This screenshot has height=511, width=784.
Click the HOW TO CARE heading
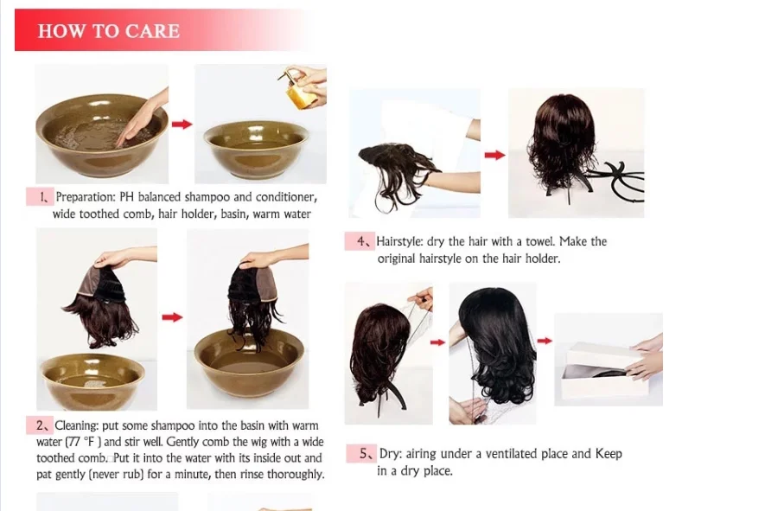[109, 31]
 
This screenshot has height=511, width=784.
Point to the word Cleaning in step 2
[77, 425]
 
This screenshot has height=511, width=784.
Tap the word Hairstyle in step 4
[399, 242]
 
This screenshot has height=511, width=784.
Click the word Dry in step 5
[390, 454]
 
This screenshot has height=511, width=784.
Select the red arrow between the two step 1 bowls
[182, 124]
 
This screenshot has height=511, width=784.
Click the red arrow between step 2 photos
[173, 317]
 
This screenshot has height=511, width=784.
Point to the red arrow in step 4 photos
[495, 155]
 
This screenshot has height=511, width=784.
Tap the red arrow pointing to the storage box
[545, 341]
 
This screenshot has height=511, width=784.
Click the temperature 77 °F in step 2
[84, 442]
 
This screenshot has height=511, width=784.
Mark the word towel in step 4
[540, 242]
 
